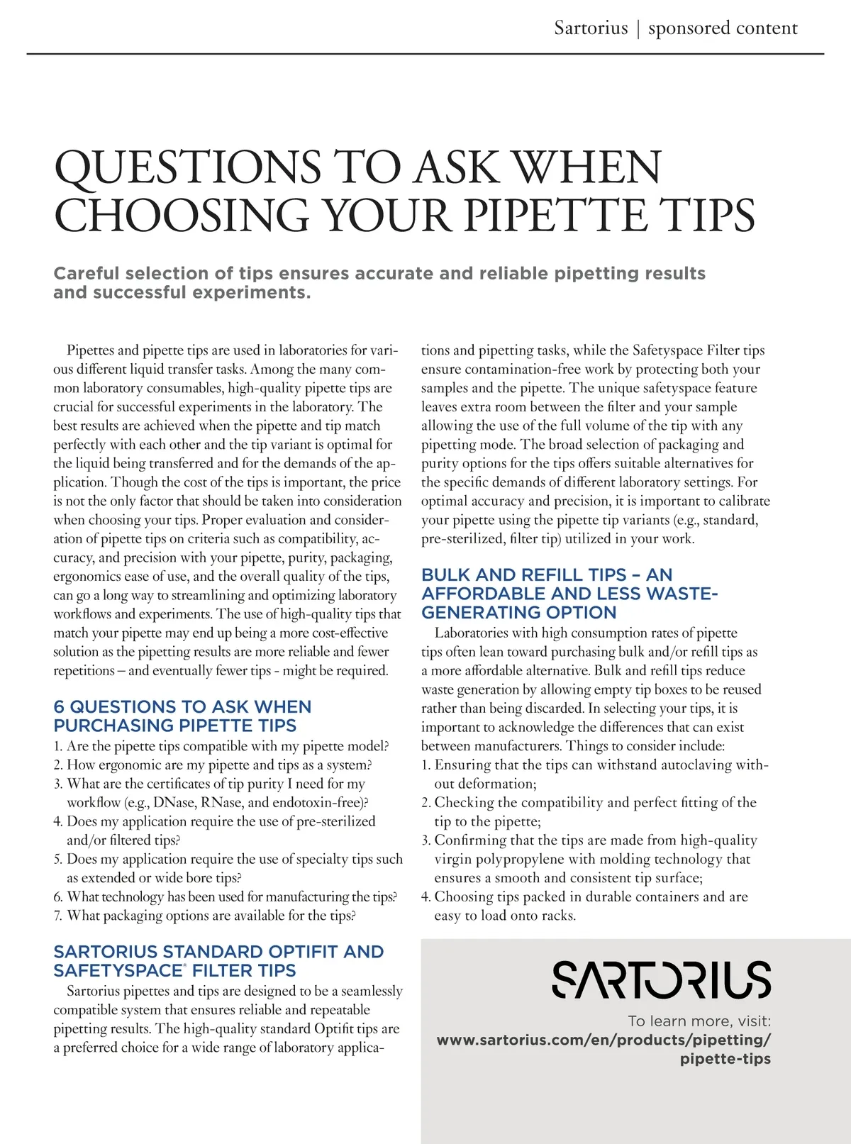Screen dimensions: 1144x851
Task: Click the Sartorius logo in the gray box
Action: [661, 979]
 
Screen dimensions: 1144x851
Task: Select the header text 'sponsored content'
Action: [723, 28]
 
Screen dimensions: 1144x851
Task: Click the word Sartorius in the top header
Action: [591, 28]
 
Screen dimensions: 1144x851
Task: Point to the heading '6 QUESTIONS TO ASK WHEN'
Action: [182, 706]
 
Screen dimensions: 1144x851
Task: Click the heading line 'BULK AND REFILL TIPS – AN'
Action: [547, 574]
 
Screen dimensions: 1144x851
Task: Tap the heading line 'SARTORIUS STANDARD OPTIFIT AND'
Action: [218, 951]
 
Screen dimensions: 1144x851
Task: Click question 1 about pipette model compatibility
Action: [221, 746]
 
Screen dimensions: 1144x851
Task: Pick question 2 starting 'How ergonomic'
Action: [213, 765]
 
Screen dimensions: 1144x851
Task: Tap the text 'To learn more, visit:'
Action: [699, 1021]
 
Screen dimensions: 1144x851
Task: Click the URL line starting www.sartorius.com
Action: [604, 1040]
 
